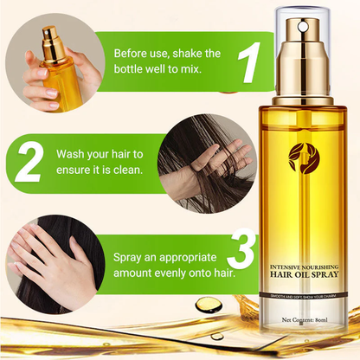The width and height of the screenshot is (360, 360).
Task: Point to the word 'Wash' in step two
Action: (x=74, y=153)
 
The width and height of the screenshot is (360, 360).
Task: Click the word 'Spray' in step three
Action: (x=132, y=257)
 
